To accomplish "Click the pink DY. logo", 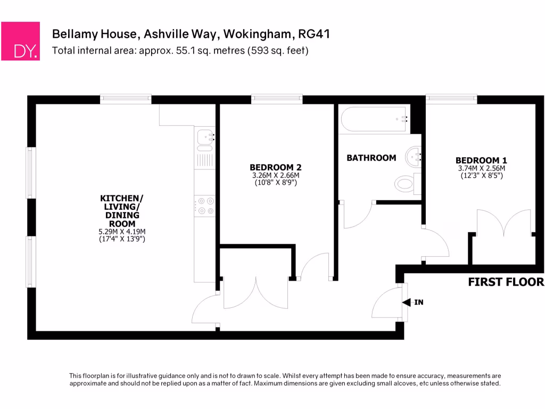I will click(20, 41).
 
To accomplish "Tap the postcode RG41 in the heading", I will click(314, 35).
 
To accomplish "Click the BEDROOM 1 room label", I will click(481, 160).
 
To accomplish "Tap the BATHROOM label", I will click(371, 158).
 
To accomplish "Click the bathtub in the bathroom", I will click(375, 120).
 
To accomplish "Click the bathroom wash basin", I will click(414, 157).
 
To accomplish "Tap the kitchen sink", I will click(204, 138).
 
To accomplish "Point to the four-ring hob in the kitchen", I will click(204, 206).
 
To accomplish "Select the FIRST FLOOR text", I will click(506, 282).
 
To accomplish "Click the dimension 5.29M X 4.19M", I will click(122, 232).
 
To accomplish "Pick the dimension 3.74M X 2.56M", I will click(481, 168).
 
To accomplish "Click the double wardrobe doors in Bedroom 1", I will click(503, 224).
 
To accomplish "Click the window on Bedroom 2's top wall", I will click(277, 99).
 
